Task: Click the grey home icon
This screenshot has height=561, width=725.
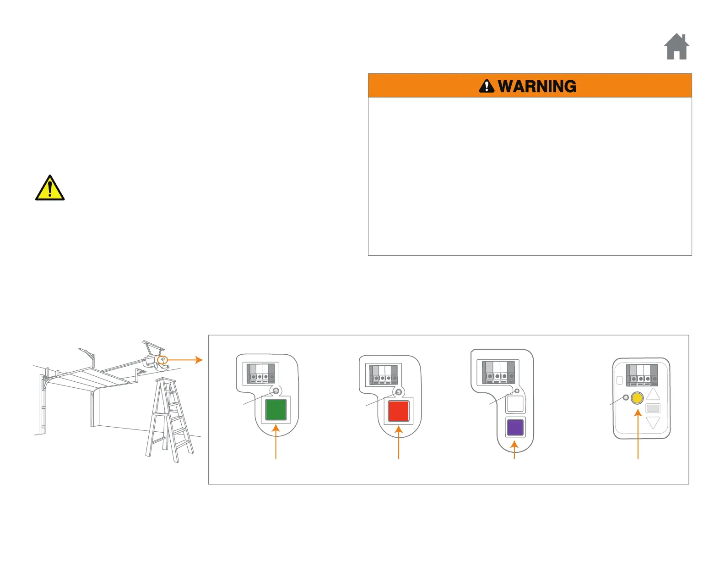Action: [x=676, y=47]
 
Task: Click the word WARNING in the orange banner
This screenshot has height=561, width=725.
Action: [x=537, y=86]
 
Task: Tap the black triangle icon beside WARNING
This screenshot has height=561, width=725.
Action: [x=487, y=86]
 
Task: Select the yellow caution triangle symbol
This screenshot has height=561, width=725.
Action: [x=50, y=188]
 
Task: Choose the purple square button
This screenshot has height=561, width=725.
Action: [x=515, y=427]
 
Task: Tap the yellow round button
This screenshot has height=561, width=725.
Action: [x=637, y=398]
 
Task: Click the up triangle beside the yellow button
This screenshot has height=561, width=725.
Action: [x=653, y=394]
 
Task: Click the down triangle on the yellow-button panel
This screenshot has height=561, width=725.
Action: [x=653, y=422]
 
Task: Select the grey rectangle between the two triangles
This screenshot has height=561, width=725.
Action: [x=653, y=408]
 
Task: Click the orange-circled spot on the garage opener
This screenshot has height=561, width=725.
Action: [x=162, y=360]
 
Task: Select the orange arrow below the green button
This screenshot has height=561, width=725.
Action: [x=276, y=442]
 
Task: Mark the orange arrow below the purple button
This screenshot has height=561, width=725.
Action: [x=514, y=450]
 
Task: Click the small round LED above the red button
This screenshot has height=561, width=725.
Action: [x=398, y=392]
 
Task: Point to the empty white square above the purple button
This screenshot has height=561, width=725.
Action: [x=515, y=404]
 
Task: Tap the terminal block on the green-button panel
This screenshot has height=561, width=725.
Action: [x=261, y=374]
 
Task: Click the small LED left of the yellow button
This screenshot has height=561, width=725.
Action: [x=626, y=397]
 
